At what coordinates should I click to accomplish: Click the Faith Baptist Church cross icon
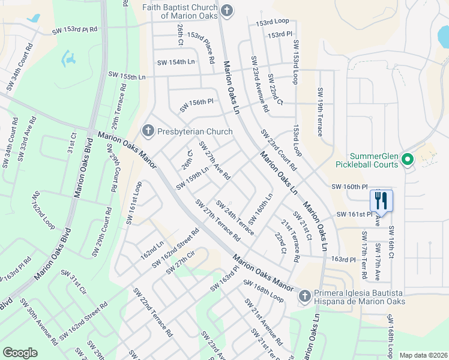coord(226,10)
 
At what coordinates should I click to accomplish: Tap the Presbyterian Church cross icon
coord(148,131)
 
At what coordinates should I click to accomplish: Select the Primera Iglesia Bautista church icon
coord(305,296)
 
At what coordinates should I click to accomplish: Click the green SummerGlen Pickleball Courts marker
coord(408,160)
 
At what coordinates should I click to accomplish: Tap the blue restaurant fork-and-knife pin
coord(381,199)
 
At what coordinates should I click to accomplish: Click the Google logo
coord(20,353)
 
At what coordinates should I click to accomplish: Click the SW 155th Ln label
coord(127,76)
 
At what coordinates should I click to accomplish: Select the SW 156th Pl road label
coord(197,106)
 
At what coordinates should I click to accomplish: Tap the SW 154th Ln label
coord(176,62)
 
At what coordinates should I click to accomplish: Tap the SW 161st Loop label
coord(134,203)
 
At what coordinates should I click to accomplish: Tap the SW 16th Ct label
coord(391,242)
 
